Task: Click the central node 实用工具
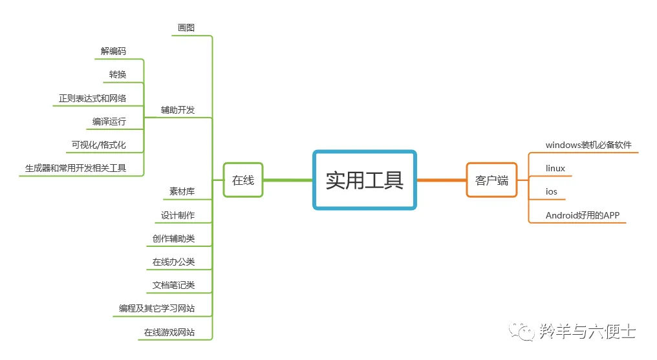click(364, 180)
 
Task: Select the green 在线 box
click(242, 180)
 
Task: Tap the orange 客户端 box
click(491, 180)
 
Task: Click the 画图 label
click(186, 28)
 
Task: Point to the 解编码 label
click(113, 51)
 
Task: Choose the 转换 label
click(118, 74)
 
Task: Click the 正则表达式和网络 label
click(92, 98)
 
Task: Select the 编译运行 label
click(109, 122)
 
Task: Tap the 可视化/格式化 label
click(99, 145)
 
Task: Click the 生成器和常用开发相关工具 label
click(76, 168)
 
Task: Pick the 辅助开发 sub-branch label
click(178, 110)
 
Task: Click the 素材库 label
click(182, 191)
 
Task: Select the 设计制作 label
click(178, 215)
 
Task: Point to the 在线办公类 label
click(173, 262)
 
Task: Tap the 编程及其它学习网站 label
click(156, 309)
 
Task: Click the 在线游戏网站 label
click(169, 332)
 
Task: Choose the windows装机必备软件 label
click(588, 145)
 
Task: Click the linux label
click(555, 168)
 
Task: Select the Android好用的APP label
click(583, 215)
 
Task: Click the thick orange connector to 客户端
click(442, 180)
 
